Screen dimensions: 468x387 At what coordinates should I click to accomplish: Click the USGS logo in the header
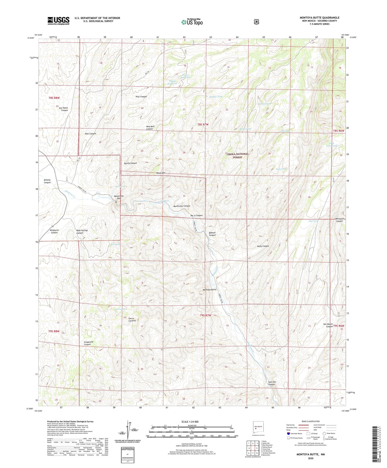pos(58,21)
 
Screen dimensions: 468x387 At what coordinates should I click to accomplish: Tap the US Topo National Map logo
pos(192,22)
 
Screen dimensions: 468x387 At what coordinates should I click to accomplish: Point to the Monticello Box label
pos(119,197)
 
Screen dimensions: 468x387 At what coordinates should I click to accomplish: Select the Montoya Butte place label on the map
pos(209,290)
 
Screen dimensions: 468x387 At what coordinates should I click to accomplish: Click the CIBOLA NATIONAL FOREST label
pos(238,155)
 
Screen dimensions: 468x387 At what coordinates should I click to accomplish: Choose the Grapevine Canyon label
pos(87,343)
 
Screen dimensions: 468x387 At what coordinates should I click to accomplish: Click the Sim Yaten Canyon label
pos(63,109)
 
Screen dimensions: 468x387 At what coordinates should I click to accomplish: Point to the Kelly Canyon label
pos(263,246)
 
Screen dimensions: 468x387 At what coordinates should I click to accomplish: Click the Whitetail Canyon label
pos(339,220)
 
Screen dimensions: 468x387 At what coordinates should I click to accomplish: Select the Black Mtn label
pos(161,173)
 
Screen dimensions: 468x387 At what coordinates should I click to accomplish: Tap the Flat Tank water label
pos(313,221)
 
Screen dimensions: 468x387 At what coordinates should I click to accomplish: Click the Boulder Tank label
pos(215,97)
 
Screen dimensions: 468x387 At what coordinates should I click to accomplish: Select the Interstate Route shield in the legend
pos(288,433)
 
